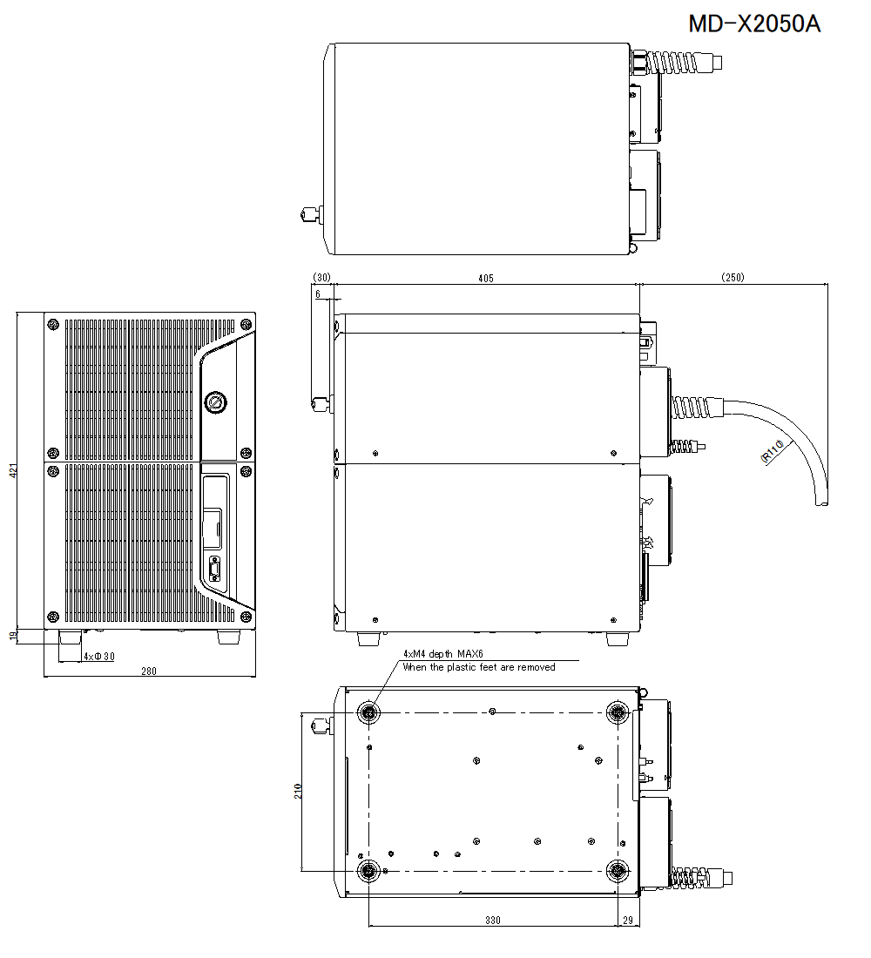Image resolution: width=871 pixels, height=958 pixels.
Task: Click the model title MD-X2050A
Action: pyautogui.click(x=754, y=24)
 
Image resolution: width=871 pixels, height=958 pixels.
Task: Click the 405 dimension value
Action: pyautogui.click(x=485, y=278)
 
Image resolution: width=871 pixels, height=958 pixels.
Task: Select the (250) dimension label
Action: pyautogui.click(x=733, y=278)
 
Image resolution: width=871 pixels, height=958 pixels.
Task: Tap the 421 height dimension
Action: pyautogui.click(x=12, y=471)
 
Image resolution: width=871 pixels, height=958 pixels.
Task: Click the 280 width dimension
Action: pyautogui.click(x=148, y=671)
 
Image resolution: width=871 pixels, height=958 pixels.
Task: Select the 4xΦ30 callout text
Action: pyautogui.click(x=98, y=656)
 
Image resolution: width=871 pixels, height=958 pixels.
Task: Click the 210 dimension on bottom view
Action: pyautogui.click(x=297, y=791)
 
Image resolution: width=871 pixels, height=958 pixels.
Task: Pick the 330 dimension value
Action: pyautogui.click(x=492, y=921)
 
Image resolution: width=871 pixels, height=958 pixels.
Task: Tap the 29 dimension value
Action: pyautogui.click(x=627, y=921)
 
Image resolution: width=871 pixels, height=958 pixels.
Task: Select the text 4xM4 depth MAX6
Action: pyautogui.click(x=442, y=653)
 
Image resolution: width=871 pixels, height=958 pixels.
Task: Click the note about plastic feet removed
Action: pyautogui.click(x=478, y=667)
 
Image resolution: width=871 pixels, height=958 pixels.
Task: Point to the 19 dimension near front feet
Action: pyautogui.click(x=12, y=637)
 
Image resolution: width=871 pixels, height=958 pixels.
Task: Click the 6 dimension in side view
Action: pyautogui.click(x=318, y=295)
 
